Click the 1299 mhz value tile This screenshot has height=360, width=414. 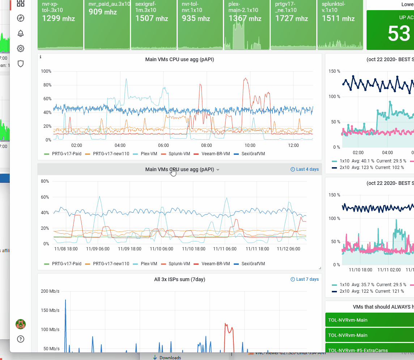tap(58, 18)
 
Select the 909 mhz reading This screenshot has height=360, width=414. tap(103, 12)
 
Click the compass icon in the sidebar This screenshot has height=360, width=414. tap(21, 18)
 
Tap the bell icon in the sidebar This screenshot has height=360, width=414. tap(21, 33)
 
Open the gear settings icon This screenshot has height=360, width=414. tap(21, 48)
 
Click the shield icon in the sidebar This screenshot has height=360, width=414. tap(21, 64)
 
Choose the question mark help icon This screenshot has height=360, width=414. tap(21, 339)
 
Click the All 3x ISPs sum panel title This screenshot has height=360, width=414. tap(179, 279)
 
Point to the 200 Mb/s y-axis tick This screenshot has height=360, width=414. tap(50, 291)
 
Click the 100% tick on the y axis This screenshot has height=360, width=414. tap(46, 71)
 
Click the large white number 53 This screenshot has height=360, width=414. tap(399, 34)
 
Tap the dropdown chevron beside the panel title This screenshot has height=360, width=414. tap(218, 170)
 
